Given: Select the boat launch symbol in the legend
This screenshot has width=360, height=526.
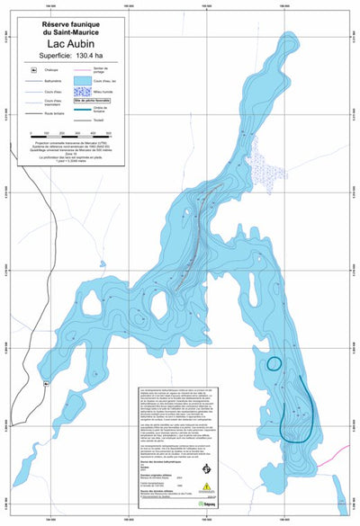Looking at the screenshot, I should (34, 69).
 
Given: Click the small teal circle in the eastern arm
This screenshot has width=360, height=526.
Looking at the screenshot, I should (274, 363).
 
